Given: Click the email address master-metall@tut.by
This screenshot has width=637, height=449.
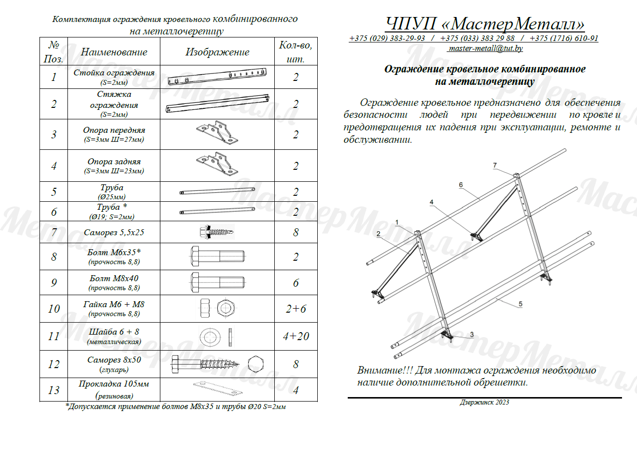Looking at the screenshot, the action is tap(486, 48).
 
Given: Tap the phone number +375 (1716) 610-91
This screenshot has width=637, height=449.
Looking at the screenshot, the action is tap(564, 38).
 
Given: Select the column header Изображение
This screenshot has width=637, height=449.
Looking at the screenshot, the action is tap(217, 52).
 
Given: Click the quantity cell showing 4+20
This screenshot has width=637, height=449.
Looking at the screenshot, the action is tap(296, 336).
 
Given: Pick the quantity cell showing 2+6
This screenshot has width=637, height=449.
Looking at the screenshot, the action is tap(296, 309).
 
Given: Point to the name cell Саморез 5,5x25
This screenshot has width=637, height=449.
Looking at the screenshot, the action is tap(114, 232).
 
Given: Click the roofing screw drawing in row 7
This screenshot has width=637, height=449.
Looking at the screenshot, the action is tap(217, 232).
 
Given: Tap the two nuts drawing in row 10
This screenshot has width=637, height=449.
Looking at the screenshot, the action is tap(217, 308).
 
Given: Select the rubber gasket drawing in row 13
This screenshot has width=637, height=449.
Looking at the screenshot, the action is tap(218, 389).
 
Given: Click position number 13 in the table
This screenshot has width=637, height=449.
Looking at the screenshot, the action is tap(53, 390).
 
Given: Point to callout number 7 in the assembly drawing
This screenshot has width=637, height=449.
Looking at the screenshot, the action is tap(495, 165).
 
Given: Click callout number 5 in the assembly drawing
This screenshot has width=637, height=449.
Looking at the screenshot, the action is tap(521, 304).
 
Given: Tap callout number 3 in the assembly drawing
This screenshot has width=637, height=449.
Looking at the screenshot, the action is tap(472, 335).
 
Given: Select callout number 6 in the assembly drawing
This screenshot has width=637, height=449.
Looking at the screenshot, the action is tap(461, 185).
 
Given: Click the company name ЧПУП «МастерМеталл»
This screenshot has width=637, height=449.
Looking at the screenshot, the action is tap(485, 23).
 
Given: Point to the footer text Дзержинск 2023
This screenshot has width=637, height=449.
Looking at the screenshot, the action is tap(484, 403).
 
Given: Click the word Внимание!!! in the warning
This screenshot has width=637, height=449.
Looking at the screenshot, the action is tap(385, 370).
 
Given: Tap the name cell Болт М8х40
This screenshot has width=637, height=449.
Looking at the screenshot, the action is tap(114, 282).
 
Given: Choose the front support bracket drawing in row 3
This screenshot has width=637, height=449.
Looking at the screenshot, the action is tap(217, 132).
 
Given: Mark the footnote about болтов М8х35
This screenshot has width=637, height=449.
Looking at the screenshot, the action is tap(176, 407).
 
